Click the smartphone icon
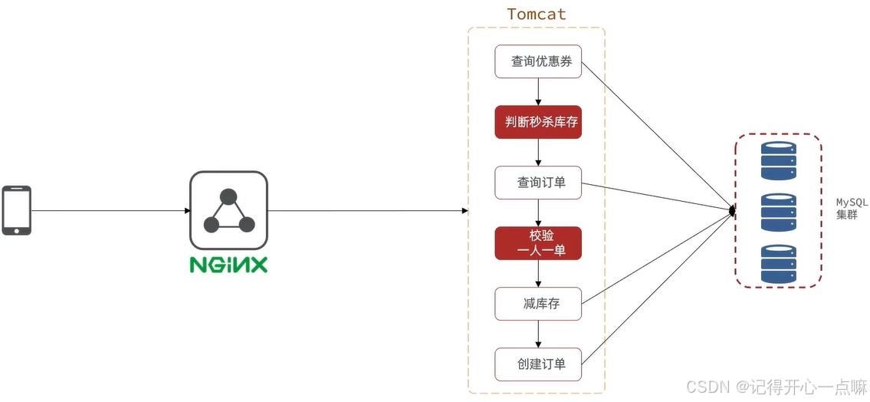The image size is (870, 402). [x=16, y=209]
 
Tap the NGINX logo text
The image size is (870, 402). [x=228, y=265]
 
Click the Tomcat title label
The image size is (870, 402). [x=537, y=14]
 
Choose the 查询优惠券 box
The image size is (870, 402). [x=538, y=61]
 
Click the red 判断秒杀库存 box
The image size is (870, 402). [x=538, y=122]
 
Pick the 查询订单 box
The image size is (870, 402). [x=538, y=183]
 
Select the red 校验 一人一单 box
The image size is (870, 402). [x=538, y=242]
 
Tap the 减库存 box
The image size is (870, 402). [x=538, y=304]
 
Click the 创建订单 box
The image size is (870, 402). [x=538, y=364]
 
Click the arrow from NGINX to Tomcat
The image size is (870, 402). [x=368, y=210]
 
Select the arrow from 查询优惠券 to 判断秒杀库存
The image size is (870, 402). [x=538, y=91]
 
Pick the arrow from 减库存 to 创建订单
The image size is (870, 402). [x=538, y=333]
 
